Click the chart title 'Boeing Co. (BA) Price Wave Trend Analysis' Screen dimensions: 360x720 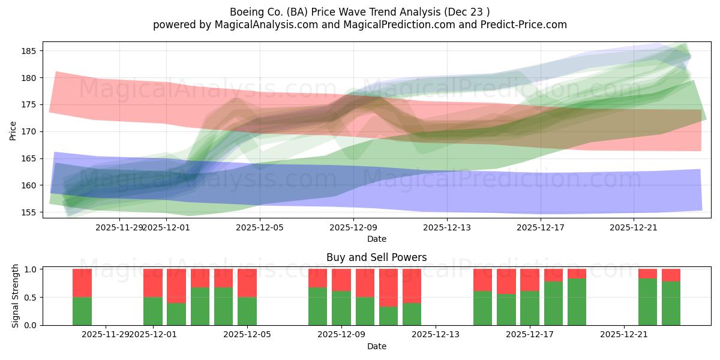click(x=359, y=12)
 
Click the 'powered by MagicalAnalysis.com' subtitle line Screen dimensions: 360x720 click(x=359, y=25)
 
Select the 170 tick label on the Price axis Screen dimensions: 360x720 click(x=29, y=131)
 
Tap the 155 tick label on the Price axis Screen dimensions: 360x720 click(x=29, y=212)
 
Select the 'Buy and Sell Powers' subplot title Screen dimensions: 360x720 click(x=376, y=257)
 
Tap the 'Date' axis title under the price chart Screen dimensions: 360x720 click(x=376, y=239)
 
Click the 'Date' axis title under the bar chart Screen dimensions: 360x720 click(x=376, y=346)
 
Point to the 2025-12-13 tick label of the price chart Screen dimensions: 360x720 click(x=447, y=227)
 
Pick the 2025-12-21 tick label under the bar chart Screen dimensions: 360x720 click(x=624, y=334)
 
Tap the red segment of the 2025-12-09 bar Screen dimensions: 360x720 click(x=341, y=280)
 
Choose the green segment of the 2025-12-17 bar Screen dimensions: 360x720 click(x=530, y=308)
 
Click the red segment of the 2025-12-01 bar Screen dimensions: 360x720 click(x=153, y=283)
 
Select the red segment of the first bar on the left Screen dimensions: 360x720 click(x=82, y=283)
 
